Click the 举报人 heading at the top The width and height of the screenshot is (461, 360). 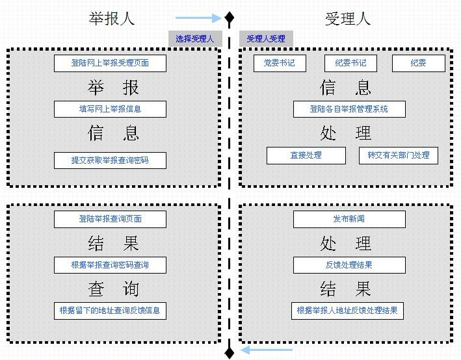[x=111, y=18]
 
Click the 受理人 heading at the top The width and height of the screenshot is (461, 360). [x=347, y=18]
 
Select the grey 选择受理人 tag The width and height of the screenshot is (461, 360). [x=195, y=39]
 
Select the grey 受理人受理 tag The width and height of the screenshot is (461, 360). [x=266, y=39]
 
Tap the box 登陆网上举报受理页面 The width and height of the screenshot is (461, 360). [x=110, y=63]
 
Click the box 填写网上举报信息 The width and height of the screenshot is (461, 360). [x=110, y=109]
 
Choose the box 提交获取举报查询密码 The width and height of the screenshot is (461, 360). [x=110, y=160]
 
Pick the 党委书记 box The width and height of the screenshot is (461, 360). [x=279, y=63]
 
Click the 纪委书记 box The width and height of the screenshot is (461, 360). [x=350, y=63]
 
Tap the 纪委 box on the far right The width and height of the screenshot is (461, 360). [x=418, y=63]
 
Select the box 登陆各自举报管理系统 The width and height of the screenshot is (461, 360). [x=349, y=109]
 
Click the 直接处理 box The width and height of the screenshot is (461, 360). [x=306, y=155]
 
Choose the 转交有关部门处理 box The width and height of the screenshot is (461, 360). [x=398, y=155]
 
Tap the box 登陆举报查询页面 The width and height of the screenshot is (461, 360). [x=110, y=219]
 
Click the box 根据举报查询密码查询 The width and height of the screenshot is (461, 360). [x=110, y=265]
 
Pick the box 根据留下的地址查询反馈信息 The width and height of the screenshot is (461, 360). [x=110, y=311]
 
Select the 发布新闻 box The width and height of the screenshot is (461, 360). [x=349, y=219]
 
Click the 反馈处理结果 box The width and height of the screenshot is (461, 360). [x=349, y=265]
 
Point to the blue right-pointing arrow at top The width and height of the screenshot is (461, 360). [x=198, y=18]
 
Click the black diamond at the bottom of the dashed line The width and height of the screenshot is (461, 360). [x=229, y=352]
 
